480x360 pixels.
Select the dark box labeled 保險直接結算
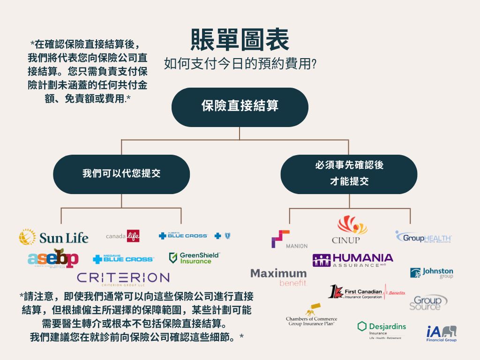[240, 106]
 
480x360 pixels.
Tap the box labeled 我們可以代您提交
[121, 174]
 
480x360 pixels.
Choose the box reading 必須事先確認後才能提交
[349, 174]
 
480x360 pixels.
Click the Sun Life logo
[53, 237]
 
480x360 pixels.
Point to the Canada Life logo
[123, 235]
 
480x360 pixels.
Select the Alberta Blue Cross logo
[194, 235]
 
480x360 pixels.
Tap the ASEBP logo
[53, 258]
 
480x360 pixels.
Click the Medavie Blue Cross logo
[123, 259]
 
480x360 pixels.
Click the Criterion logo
[123, 277]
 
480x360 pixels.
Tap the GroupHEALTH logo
[423, 237]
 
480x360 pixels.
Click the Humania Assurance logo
[353, 260]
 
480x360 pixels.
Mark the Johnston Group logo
[431, 273]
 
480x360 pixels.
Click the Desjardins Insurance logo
[382, 329]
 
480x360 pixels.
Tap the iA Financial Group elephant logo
[441, 333]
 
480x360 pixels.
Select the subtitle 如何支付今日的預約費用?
[240, 63]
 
